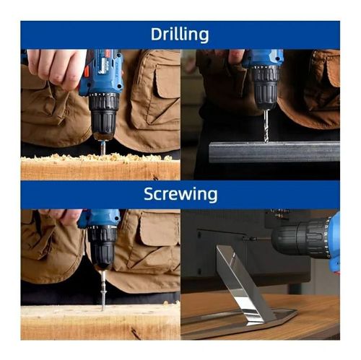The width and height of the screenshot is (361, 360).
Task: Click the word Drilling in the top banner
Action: point(180,35)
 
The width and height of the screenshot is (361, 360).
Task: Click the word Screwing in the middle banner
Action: point(180,194)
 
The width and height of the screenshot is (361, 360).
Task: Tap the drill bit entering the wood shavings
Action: point(103,147)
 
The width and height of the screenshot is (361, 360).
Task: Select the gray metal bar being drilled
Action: point(274,151)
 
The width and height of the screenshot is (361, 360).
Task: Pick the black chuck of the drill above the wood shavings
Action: point(103,115)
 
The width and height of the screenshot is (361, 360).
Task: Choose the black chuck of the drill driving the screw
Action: point(103,249)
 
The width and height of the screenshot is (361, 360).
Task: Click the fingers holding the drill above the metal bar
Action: point(236,56)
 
